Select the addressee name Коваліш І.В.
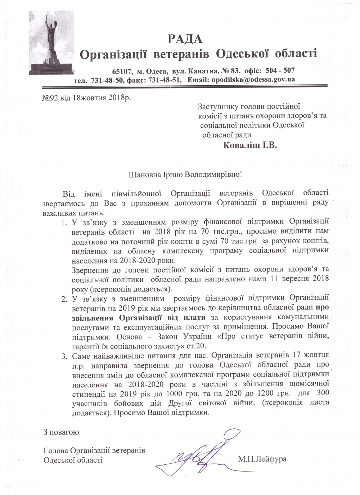250,145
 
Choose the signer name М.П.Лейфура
262,459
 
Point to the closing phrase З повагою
61,432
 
